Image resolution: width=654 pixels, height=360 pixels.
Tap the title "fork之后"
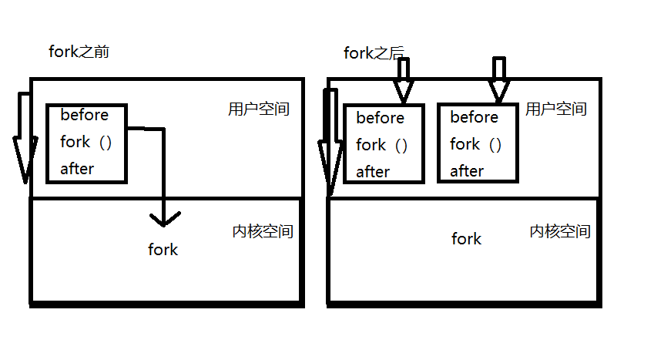[x=374, y=53]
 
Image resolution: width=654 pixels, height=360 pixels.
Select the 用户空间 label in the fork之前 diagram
[x=259, y=109]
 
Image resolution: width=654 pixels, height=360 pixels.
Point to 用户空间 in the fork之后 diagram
[x=555, y=109]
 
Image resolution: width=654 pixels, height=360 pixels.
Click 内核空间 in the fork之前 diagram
[x=262, y=231]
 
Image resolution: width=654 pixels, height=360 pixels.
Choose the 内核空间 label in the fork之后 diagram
[x=560, y=231]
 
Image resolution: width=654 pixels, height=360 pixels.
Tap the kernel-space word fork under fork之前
[x=163, y=250]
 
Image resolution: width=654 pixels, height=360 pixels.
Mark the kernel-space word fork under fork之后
[x=466, y=239]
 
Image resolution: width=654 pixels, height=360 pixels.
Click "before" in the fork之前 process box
[x=85, y=115]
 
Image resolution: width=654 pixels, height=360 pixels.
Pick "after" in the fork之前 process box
[x=77, y=169]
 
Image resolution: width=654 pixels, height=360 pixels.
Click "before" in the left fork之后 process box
[x=381, y=118]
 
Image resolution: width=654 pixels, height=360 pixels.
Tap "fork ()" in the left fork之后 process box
[x=381, y=145]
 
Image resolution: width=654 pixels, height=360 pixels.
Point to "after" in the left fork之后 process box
[x=373, y=172]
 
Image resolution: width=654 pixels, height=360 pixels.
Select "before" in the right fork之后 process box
[x=474, y=117]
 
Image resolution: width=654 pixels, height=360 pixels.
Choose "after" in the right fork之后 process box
[x=467, y=171]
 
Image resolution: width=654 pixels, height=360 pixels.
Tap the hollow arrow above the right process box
[x=499, y=80]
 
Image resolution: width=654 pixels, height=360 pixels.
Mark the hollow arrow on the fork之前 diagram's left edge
[x=22, y=139]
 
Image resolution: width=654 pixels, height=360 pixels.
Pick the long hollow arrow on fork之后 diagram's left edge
[x=330, y=143]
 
